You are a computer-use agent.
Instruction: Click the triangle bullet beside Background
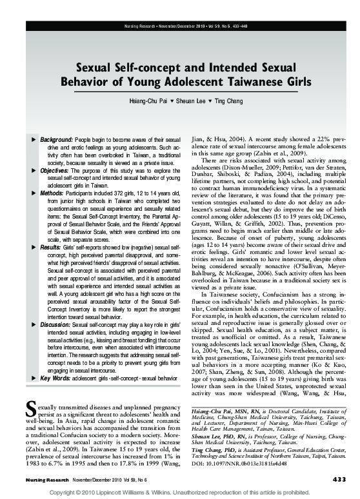click(x=34, y=140)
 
